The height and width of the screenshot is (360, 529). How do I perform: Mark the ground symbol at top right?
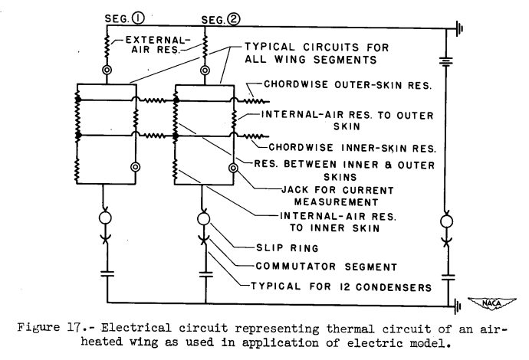458,29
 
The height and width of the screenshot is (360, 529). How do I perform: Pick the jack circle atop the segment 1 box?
107,70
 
